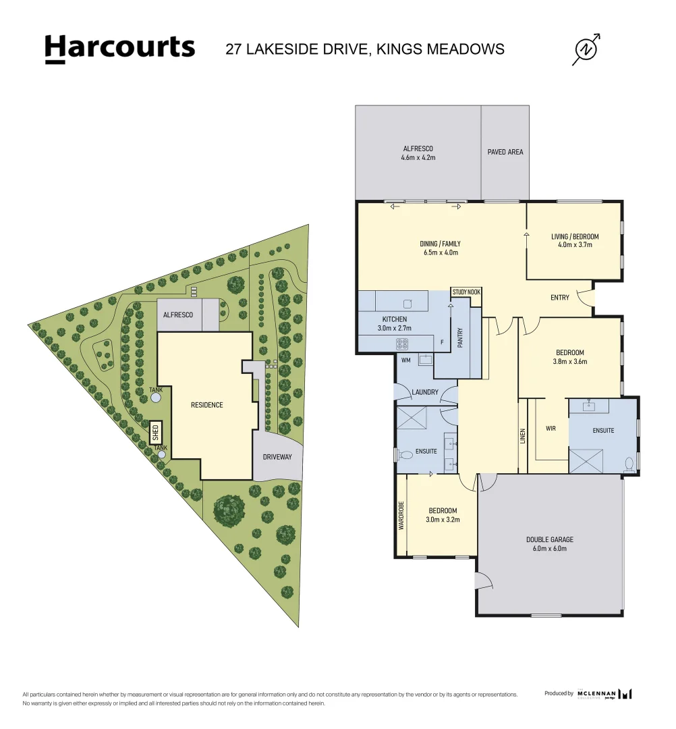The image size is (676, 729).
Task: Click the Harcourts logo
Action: (x=120, y=49)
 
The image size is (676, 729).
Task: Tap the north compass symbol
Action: (x=586, y=49)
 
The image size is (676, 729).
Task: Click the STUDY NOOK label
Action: (x=466, y=292)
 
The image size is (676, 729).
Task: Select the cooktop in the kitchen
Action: (x=402, y=344)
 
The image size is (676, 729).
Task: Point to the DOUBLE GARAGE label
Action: (x=550, y=539)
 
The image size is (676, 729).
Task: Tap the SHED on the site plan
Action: (x=156, y=433)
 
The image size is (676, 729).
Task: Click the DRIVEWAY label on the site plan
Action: (x=277, y=457)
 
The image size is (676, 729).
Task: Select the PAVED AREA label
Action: (x=505, y=152)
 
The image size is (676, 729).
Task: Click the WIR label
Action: (x=551, y=428)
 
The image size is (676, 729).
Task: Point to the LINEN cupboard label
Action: (x=523, y=435)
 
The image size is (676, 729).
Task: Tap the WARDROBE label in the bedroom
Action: (x=401, y=516)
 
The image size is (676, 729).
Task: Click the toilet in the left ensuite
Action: (x=405, y=455)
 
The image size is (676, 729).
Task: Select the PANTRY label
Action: (x=460, y=338)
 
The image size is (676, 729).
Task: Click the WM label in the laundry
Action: (x=405, y=360)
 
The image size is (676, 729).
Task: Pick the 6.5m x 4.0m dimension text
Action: (x=441, y=252)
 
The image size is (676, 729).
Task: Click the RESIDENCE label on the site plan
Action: (x=206, y=405)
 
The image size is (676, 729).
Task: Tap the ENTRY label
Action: (x=560, y=298)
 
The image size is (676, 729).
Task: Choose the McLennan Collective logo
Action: (x=604, y=694)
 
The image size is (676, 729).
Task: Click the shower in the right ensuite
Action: (x=586, y=461)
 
